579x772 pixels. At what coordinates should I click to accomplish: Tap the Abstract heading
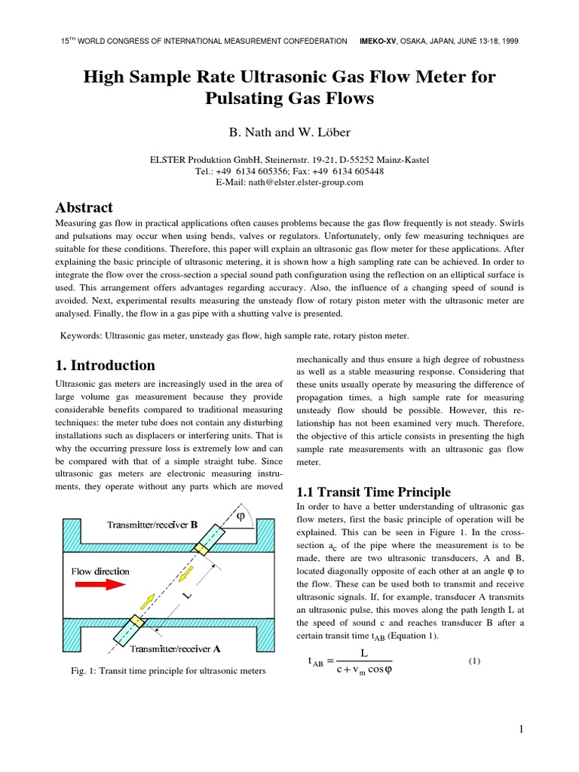click(x=84, y=207)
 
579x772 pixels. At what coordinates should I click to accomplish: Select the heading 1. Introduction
click(x=106, y=366)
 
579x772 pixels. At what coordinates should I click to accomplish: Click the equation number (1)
click(x=474, y=661)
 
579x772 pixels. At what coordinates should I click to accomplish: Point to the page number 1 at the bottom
click(x=521, y=729)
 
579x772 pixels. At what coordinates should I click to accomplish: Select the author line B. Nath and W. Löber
click(x=289, y=132)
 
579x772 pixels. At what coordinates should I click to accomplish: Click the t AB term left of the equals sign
click(x=320, y=662)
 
